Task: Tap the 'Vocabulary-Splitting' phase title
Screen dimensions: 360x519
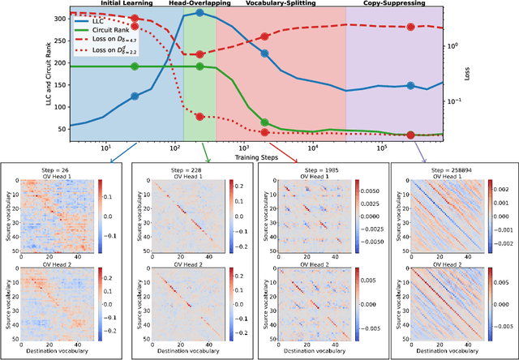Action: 281,3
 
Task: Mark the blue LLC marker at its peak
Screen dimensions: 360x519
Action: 200,13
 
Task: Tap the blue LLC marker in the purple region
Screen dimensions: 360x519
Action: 410,85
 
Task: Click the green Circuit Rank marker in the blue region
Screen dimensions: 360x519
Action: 135,66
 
